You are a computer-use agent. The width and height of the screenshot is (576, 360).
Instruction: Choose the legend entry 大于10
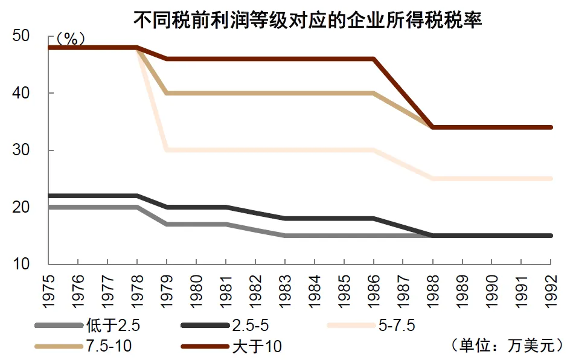coord(257,347)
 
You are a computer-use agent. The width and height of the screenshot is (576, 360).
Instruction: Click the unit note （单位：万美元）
coord(507,346)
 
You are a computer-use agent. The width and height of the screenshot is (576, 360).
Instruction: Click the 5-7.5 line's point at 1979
coord(167,150)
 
